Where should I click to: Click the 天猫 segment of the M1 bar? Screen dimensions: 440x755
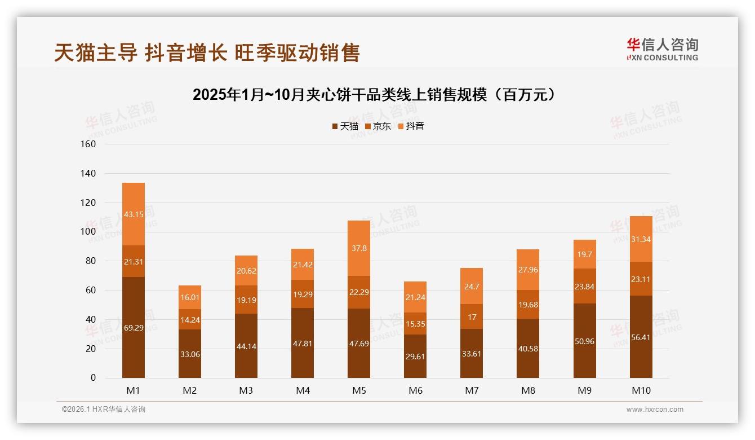[134, 327]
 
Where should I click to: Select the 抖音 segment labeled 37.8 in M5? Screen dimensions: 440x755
[359, 248]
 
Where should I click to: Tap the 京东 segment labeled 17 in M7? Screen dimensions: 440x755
[472, 316]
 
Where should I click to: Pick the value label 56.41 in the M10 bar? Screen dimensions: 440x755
[641, 338]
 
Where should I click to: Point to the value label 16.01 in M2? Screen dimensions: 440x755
[190, 297]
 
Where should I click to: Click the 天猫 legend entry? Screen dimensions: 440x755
[345, 126]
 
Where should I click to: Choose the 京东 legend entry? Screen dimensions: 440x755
[378, 126]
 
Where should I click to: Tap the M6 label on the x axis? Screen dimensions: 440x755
[415, 390]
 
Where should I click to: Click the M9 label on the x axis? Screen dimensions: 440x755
[584, 390]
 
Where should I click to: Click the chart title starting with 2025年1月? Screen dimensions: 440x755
[377, 94]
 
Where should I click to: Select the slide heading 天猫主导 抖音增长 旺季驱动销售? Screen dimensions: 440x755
[207, 52]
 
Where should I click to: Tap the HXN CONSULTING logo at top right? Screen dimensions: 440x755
[662, 50]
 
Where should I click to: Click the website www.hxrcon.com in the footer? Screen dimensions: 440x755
[655, 410]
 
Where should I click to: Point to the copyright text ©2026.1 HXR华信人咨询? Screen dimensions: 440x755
[104, 410]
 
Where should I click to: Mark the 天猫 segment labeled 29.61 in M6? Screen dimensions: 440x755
[415, 356]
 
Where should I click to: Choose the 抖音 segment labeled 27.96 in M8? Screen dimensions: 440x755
[528, 270]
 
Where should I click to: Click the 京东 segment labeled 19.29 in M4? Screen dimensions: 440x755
[303, 294]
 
